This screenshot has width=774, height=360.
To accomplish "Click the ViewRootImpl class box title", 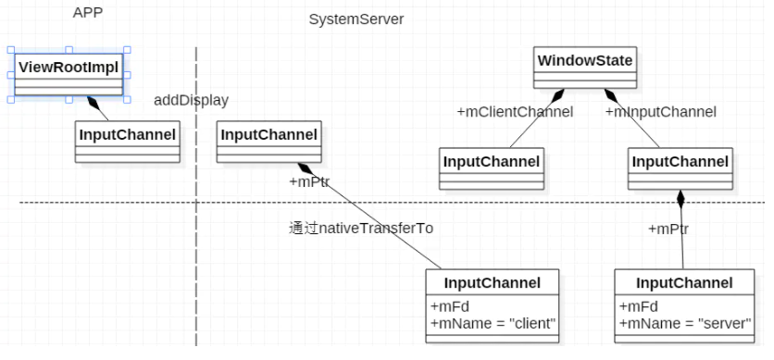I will pyautogui.click(x=69, y=66).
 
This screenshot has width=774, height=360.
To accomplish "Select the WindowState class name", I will pyautogui.click(x=585, y=61).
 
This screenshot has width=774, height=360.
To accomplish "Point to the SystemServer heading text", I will pyautogui.click(x=356, y=19).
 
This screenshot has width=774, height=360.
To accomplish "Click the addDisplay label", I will pyautogui.click(x=191, y=100).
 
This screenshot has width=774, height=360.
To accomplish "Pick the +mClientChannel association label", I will pyautogui.click(x=515, y=112).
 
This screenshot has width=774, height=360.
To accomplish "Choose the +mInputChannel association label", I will pyautogui.click(x=660, y=112).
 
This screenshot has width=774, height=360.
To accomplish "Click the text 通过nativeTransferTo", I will pyautogui.click(x=360, y=228).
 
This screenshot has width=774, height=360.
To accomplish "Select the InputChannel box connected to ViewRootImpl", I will pyautogui.click(x=127, y=135).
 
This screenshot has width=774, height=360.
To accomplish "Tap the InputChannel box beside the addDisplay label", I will pyautogui.click(x=268, y=135).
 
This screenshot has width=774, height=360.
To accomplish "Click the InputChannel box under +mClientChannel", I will pyautogui.click(x=491, y=162).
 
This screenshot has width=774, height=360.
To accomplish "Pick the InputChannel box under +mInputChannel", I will pyautogui.click(x=680, y=162).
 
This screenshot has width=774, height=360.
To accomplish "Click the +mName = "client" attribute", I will pyautogui.click(x=493, y=323).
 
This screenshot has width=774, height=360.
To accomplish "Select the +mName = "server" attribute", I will pyautogui.click(x=684, y=323).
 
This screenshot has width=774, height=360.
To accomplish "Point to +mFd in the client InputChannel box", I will pyautogui.click(x=448, y=306).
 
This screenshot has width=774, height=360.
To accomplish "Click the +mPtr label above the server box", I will pyautogui.click(x=667, y=229).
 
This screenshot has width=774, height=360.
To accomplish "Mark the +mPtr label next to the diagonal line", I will pyautogui.click(x=309, y=182).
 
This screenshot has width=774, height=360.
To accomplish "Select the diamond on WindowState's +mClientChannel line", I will pyautogui.click(x=557, y=94).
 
